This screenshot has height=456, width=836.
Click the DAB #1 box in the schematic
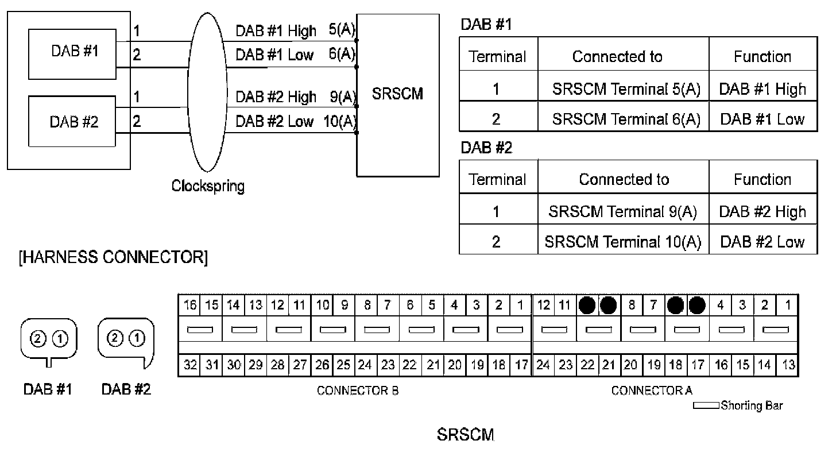point(73,54)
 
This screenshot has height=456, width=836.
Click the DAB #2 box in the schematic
point(73,122)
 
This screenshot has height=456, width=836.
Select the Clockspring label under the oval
point(208,186)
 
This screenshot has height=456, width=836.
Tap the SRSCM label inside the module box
point(397,94)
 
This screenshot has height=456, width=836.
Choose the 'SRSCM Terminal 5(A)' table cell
point(626,89)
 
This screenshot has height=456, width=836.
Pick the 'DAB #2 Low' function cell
point(762,242)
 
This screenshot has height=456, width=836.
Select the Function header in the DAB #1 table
point(762,57)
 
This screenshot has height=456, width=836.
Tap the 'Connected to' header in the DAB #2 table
point(624,180)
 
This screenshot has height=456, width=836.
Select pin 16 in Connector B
point(189,305)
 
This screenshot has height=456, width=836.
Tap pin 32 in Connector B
point(189,365)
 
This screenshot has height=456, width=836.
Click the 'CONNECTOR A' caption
point(652,391)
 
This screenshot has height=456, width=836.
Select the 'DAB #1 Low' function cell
point(762,119)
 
